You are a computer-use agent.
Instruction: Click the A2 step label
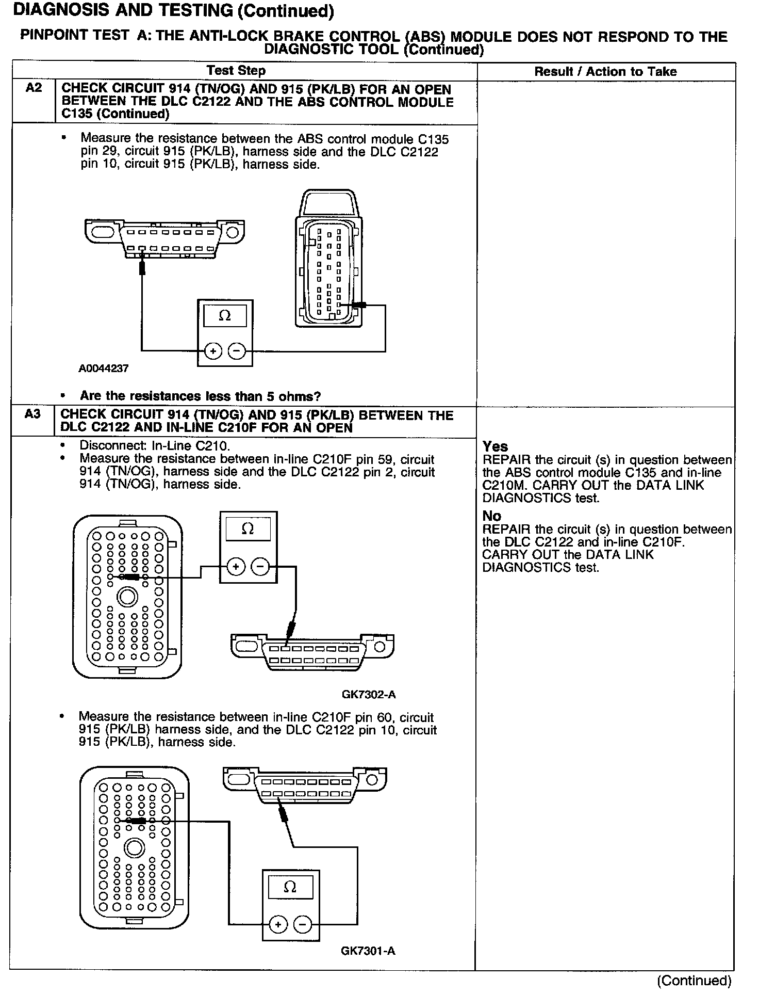click(34, 88)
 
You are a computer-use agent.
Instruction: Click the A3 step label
click(32, 414)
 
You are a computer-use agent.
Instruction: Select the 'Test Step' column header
click(236, 71)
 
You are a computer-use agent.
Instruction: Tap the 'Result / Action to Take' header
click(605, 72)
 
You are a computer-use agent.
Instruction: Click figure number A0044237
click(103, 368)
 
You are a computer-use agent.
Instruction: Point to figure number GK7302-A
click(369, 694)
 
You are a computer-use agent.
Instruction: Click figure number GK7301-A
click(368, 951)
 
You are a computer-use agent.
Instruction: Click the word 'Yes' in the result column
click(495, 446)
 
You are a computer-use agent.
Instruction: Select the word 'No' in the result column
click(491, 516)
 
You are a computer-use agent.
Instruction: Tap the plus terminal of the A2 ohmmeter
click(213, 351)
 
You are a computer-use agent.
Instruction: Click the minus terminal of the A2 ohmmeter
click(237, 351)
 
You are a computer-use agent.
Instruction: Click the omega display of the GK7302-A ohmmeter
click(247, 529)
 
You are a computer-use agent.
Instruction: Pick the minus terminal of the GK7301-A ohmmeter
click(303, 924)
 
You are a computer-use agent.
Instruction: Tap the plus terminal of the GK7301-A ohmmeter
click(278, 924)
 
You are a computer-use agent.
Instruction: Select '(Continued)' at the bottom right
click(694, 981)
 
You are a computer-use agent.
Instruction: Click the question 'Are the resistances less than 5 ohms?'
click(200, 396)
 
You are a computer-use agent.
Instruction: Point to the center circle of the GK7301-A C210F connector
click(135, 848)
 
